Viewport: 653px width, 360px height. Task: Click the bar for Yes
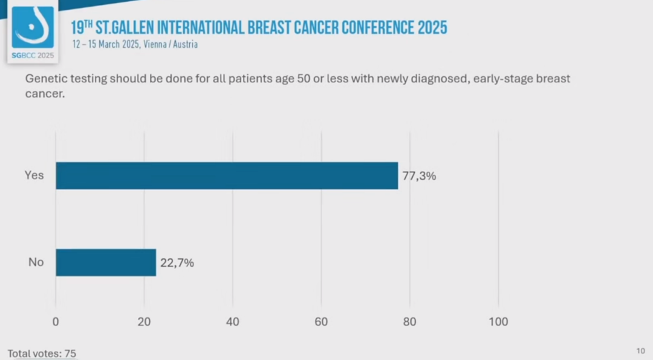pos(227,175)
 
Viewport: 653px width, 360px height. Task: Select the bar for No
pos(106,263)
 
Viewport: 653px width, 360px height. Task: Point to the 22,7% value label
pos(177,263)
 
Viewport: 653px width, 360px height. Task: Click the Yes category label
pos(34,175)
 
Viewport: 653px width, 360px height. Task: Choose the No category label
pos(36,263)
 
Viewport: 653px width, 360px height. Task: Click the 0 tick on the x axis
pos(56,322)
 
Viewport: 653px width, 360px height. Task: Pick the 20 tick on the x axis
pos(144,322)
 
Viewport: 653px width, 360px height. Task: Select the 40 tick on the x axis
pos(233,322)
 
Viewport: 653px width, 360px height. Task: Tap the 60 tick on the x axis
pos(321,322)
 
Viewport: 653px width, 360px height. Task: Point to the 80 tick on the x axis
pos(409,322)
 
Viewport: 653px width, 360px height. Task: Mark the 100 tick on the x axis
pos(498,322)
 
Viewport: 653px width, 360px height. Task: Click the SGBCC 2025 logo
pos(33,34)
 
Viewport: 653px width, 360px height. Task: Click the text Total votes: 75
pos(42,353)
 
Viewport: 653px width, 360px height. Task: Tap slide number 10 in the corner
pos(641,351)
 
